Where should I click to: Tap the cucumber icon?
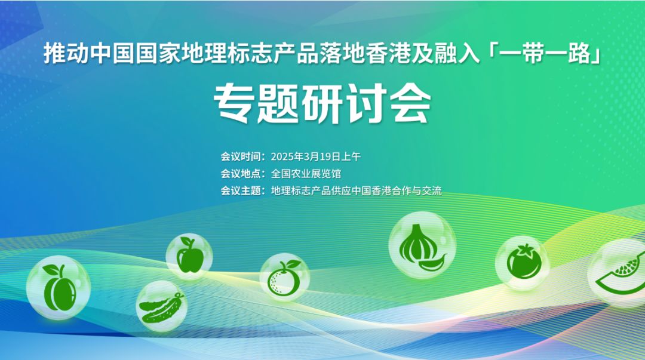pyautogui.click(x=161, y=307)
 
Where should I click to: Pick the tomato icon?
pyautogui.click(x=524, y=261)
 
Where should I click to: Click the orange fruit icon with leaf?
pyautogui.click(x=283, y=278)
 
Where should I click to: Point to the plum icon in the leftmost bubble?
pyautogui.click(x=59, y=288)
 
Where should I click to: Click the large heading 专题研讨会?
pyautogui.click(x=322, y=103)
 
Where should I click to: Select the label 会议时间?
pyautogui.click(x=241, y=157)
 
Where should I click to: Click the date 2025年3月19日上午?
pyautogui.click(x=315, y=157)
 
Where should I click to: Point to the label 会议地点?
pyautogui.click(x=241, y=174)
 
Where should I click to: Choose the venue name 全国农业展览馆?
pyautogui.click(x=306, y=174)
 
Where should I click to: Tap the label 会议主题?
pyautogui.click(x=241, y=190)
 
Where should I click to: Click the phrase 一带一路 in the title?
pyautogui.click(x=545, y=54)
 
